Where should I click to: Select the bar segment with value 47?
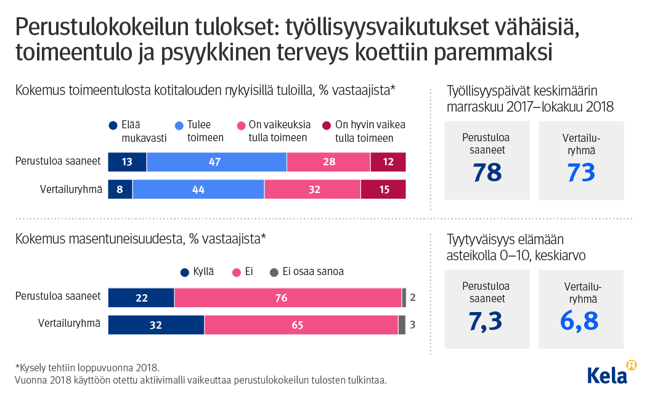click(216, 162)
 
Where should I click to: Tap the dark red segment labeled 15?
click(383, 189)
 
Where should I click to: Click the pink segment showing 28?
click(328, 162)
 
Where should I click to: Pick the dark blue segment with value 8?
click(120, 189)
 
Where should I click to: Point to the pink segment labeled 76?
click(288, 298)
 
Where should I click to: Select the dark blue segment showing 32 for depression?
click(156, 325)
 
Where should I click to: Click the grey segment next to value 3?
click(402, 325)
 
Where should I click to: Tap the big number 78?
click(487, 173)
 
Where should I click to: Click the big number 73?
click(581, 173)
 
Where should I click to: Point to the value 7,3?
click(487, 321)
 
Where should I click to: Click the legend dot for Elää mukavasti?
click(113, 125)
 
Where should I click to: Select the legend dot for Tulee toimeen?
click(179, 125)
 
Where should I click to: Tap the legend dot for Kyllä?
click(184, 272)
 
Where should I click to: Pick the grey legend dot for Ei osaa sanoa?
click(274, 272)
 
